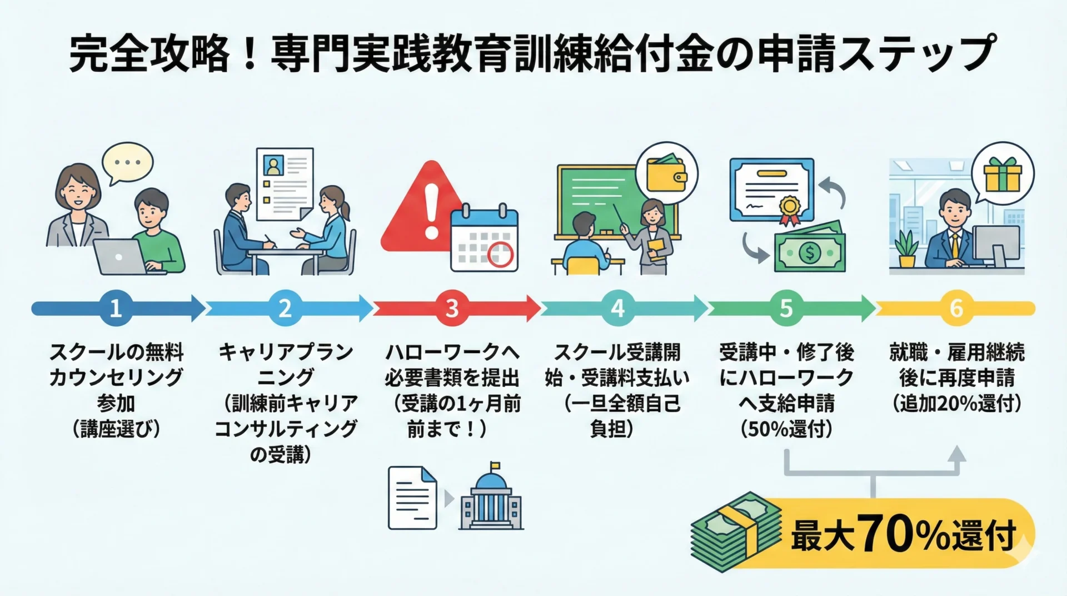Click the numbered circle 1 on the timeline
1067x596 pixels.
116,308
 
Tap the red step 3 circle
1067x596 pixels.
451,308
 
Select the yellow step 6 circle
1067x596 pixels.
955,308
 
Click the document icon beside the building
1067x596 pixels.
412,498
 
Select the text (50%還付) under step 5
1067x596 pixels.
786,429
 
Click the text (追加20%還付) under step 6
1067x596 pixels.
956,404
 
